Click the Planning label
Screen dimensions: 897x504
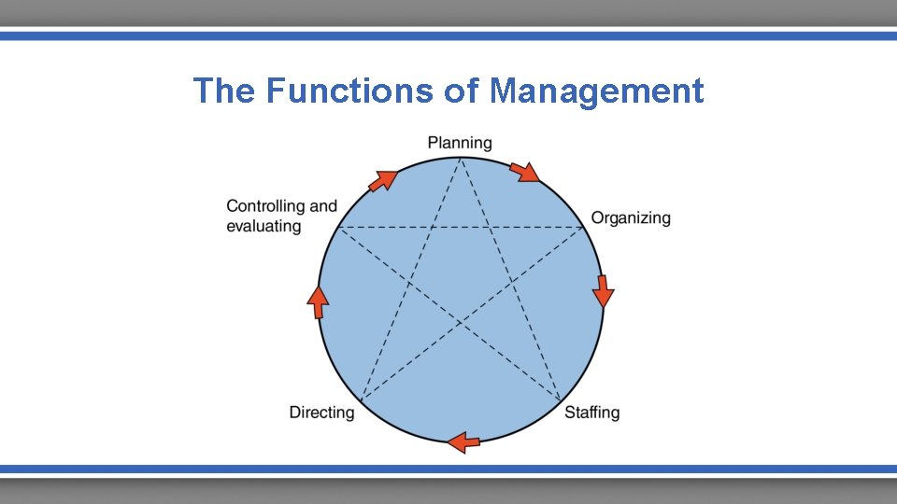(460, 143)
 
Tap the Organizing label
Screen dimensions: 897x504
(631, 218)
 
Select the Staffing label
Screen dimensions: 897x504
(591, 413)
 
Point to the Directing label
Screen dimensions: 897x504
(321, 413)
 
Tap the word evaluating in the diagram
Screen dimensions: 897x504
(263, 227)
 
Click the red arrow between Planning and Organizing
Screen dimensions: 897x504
(525, 172)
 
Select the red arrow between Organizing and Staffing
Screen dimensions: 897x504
(604, 290)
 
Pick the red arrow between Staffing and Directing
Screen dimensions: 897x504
(464, 441)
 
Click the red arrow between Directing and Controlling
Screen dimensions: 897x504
(319, 301)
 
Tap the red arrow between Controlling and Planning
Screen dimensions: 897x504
(381, 180)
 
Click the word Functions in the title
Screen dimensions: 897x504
(349, 91)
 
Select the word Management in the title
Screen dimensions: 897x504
(596, 91)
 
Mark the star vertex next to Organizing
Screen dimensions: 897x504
(584, 227)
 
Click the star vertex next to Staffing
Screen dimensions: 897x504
(562, 403)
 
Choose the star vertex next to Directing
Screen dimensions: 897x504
(361, 403)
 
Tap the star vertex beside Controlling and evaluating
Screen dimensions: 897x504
(337, 227)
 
